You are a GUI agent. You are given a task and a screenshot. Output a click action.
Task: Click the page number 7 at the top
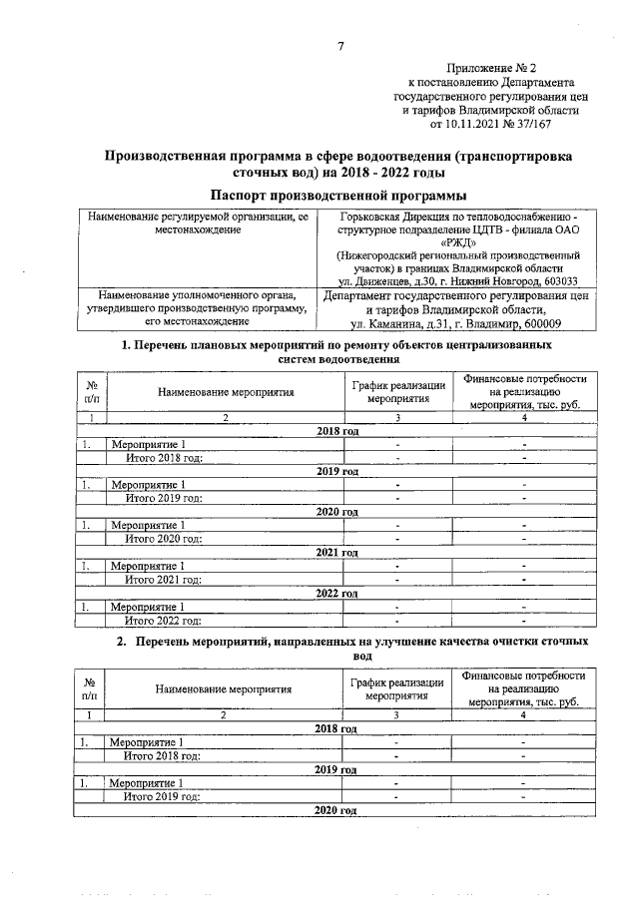340,47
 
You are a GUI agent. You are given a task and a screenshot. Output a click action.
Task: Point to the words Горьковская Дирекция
405,216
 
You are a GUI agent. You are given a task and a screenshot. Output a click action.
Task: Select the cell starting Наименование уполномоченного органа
198,308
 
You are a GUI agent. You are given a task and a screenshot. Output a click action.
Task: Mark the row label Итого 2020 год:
163,538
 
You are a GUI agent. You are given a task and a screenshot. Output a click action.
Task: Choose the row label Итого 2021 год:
163,579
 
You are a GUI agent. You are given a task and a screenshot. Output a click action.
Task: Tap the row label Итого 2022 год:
163,620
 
